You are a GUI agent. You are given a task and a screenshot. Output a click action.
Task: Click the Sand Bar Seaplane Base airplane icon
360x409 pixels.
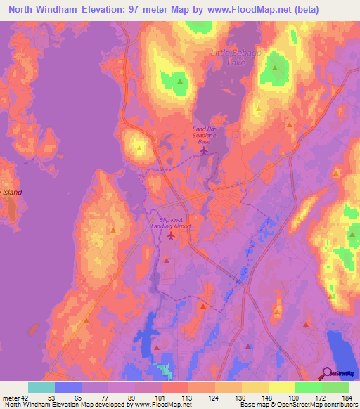tap(204, 149)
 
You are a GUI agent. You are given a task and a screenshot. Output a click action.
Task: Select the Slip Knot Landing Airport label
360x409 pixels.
tap(171, 223)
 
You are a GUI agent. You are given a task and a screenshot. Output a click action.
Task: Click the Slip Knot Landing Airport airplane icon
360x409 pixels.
tap(171, 235)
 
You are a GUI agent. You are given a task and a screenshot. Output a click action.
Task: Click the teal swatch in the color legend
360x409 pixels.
tap(41, 387)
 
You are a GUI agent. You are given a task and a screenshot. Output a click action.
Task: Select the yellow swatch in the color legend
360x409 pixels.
tap(281, 387)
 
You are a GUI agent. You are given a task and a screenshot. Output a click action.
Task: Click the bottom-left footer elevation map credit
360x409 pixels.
tap(87, 405)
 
